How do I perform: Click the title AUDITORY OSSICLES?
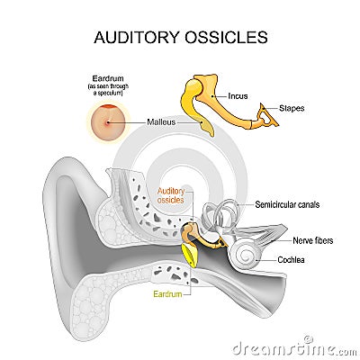click(x=180, y=38)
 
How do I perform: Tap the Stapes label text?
click(x=292, y=108)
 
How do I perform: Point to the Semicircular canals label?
click(x=287, y=204)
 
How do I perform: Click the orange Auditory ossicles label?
click(x=170, y=195)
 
